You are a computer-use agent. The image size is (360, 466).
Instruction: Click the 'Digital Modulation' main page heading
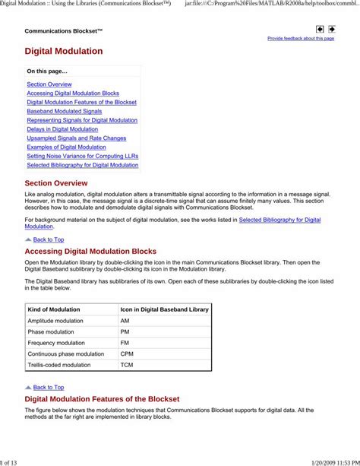pos(64,52)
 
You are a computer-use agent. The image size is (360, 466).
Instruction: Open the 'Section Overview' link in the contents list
pos(49,84)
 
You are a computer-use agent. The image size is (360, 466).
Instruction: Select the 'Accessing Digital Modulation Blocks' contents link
pos(73,94)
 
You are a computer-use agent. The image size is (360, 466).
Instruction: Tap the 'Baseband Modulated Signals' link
pos(65,111)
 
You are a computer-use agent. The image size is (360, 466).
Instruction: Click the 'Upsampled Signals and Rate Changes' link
pos(77,138)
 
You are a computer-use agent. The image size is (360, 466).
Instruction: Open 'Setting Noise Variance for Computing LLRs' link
pos(82,156)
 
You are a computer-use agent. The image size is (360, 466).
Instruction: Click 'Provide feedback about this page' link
pos(300,38)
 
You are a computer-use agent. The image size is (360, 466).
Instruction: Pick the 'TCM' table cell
pos(126,365)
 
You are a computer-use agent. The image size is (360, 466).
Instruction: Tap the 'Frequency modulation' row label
pos(56,343)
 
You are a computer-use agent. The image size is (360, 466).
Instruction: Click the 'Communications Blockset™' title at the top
pos(64,31)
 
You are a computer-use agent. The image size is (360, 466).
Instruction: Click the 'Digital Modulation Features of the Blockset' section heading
pos(102,399)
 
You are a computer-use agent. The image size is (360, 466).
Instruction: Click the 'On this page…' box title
pos(47,71)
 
